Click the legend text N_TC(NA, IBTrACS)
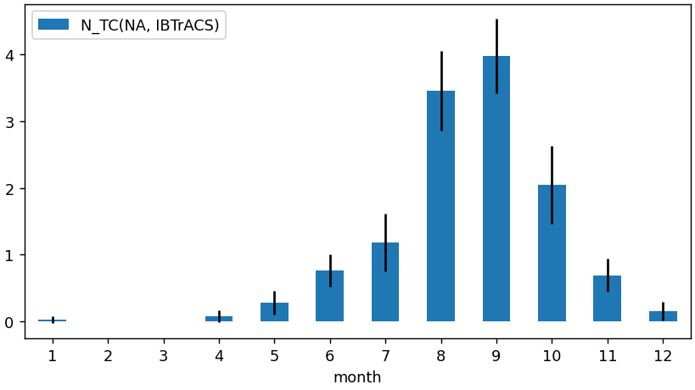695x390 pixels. pos(149,25)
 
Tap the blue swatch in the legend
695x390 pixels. pos(53,25)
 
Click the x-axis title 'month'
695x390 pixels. pos(357,377)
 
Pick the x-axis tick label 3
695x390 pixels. pos(164,354)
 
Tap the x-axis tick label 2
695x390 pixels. pos(108,354)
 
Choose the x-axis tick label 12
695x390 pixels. pos(663,354)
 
